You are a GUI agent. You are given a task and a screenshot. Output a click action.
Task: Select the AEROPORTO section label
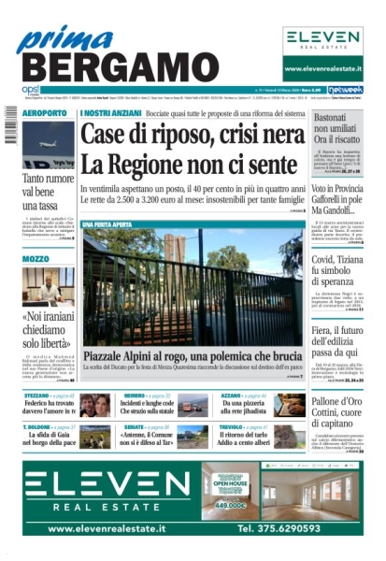(x=46, y=113)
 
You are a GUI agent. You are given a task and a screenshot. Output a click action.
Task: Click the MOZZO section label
(x=36, y=257)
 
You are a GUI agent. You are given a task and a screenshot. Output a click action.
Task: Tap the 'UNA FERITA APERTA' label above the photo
(x=110, y=224)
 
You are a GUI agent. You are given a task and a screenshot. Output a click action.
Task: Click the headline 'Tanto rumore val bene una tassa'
(x=46, y=190)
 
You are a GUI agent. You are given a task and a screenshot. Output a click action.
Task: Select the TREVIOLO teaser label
(x=237, y=427)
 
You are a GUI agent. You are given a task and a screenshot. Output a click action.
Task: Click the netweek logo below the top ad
(x=345, y=91)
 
